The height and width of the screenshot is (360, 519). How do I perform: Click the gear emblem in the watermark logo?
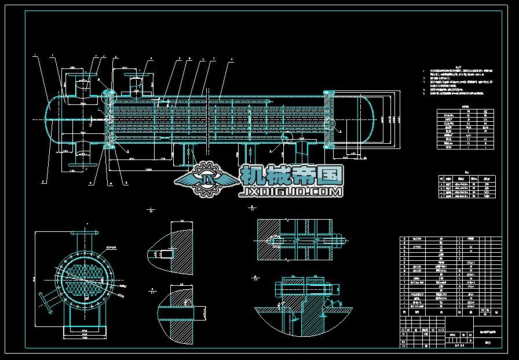click(206, 177)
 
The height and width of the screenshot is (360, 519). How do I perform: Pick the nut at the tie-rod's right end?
click(339, 238)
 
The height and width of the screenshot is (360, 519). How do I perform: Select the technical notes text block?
click(458, 81)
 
